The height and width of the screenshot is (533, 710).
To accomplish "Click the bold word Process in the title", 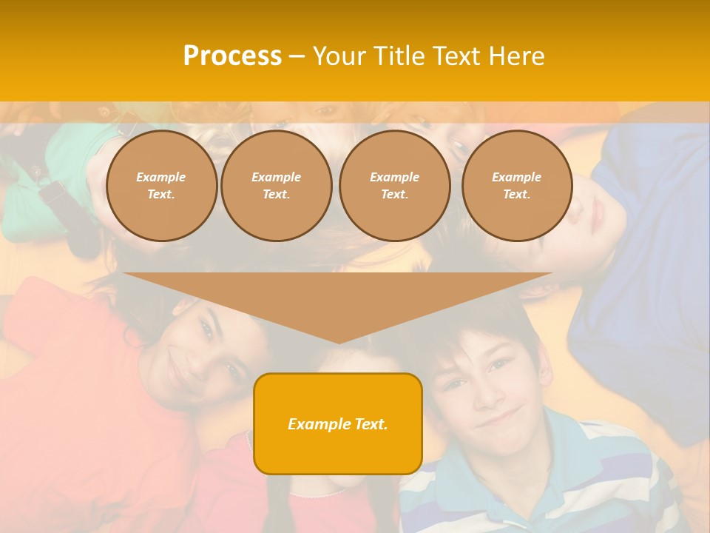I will click(x=232, y=56).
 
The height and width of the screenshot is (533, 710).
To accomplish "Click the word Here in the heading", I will click(x=515, y=56).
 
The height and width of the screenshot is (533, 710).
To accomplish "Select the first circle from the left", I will click(x=161, y=186).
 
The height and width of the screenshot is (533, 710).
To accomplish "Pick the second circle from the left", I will click(x=277, y=186).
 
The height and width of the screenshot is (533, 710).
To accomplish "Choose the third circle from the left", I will click(x=394, y=186).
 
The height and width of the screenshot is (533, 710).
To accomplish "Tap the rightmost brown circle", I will click(x=517, y=186).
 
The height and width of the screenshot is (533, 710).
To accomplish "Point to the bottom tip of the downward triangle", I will click(x=338, y=342).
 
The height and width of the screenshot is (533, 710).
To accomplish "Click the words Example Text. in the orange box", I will click(x=338, y=424).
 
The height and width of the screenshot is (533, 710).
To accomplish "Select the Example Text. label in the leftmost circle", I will click(x=161, y=186).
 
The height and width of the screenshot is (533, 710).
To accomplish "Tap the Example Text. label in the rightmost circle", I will click(x=517, y=186).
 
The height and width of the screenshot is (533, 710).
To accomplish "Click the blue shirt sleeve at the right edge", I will click(x=651, y=296).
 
